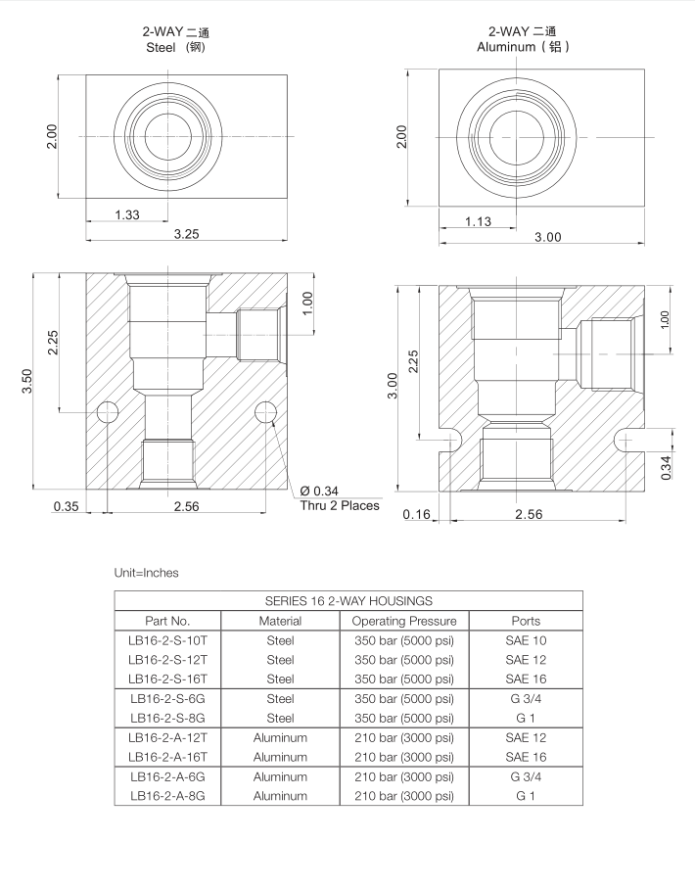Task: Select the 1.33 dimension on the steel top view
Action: click(x=126, y=214)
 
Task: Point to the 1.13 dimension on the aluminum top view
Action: click(x=479, y=221)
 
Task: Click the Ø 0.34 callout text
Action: click(x=319, y=490)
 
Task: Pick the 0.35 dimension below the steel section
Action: click(x=65, y=506)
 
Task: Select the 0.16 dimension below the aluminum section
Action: click(x=417, y=515)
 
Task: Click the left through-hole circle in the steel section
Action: click(x=107, y=412)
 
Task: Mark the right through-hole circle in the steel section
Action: click(x=265, y=412)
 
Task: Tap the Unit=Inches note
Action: click(x=147, y=573)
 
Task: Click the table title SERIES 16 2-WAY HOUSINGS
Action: click(x=348, y=600)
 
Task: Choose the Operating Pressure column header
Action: click(x=404, y=620)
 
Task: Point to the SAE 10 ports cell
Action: click(x=526, y=639)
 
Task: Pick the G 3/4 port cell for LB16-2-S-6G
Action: click(x=526, y=698)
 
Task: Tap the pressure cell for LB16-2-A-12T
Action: click(x=404, y=737)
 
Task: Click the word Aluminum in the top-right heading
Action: click(x=510, y=46)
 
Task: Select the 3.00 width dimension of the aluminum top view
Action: click(x=547, y=238)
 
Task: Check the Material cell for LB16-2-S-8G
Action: click(x=280, y=718)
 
